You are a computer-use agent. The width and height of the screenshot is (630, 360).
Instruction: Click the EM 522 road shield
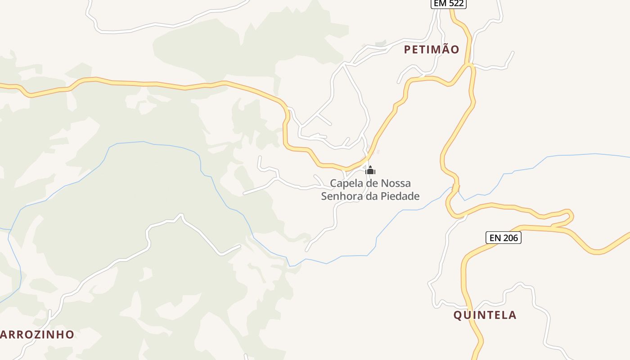coord(449,4)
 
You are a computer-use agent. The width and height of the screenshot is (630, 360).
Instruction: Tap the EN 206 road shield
coord(504,238)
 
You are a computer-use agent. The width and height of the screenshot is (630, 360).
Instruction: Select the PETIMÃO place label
coord(432,49)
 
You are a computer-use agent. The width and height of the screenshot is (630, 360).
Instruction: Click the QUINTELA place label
coord(485,315)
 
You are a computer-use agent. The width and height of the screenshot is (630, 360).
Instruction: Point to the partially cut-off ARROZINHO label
coord(37,335)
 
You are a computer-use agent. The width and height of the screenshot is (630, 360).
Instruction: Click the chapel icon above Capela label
coord(370,171)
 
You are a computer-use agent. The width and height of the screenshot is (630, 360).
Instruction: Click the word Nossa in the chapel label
coord(396,184)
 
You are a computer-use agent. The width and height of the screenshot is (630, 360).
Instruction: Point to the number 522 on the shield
coord(455,4)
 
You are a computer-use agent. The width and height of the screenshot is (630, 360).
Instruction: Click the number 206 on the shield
coord(510,238)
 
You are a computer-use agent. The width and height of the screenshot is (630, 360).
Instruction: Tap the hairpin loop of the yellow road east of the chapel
coord(570,216)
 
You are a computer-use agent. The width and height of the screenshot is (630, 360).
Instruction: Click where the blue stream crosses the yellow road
coord(455,188)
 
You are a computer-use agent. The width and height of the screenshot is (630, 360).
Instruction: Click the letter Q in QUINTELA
coord(458,315)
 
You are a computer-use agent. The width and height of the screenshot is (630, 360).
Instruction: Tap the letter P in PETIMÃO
coord(408,49)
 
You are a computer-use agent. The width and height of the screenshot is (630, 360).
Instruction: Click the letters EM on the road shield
coord(440,4)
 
